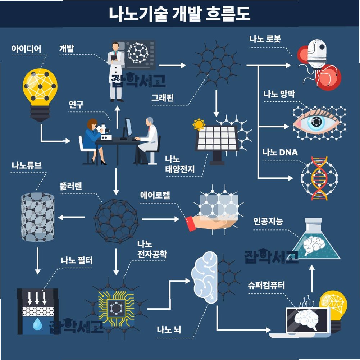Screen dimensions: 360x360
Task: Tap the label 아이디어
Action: [x=26, y=49]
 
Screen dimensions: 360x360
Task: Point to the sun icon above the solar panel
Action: [x=198, y=124]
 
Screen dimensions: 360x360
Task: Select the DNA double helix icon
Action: [x=319, y=178]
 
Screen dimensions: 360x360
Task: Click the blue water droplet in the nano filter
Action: [x=37, y=325]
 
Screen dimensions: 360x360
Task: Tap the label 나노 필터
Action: [x=77, y=260]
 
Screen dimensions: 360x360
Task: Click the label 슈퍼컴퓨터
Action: [x=266, y=286]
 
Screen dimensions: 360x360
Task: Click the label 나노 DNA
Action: [x=280, y=152]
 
